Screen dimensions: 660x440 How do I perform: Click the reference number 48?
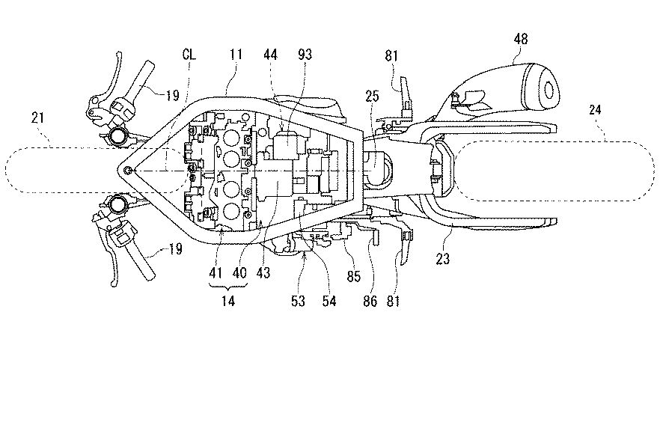(x=520, y=39)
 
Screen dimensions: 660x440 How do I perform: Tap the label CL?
(x=189, y=55)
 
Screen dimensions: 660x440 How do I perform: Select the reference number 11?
(x=236, y=55)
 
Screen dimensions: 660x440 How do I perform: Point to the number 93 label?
(x=305, y=55)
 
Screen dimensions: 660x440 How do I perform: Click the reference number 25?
(x=372, y=96)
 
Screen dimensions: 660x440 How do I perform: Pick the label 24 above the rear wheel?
(x=595, y=110)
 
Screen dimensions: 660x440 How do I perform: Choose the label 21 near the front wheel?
(x=37, y=117)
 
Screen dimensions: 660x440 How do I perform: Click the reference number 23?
(x=443, y=258)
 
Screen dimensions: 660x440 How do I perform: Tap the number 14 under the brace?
(x=227, y=301)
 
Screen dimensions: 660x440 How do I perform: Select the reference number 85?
(x=353, y=276)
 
